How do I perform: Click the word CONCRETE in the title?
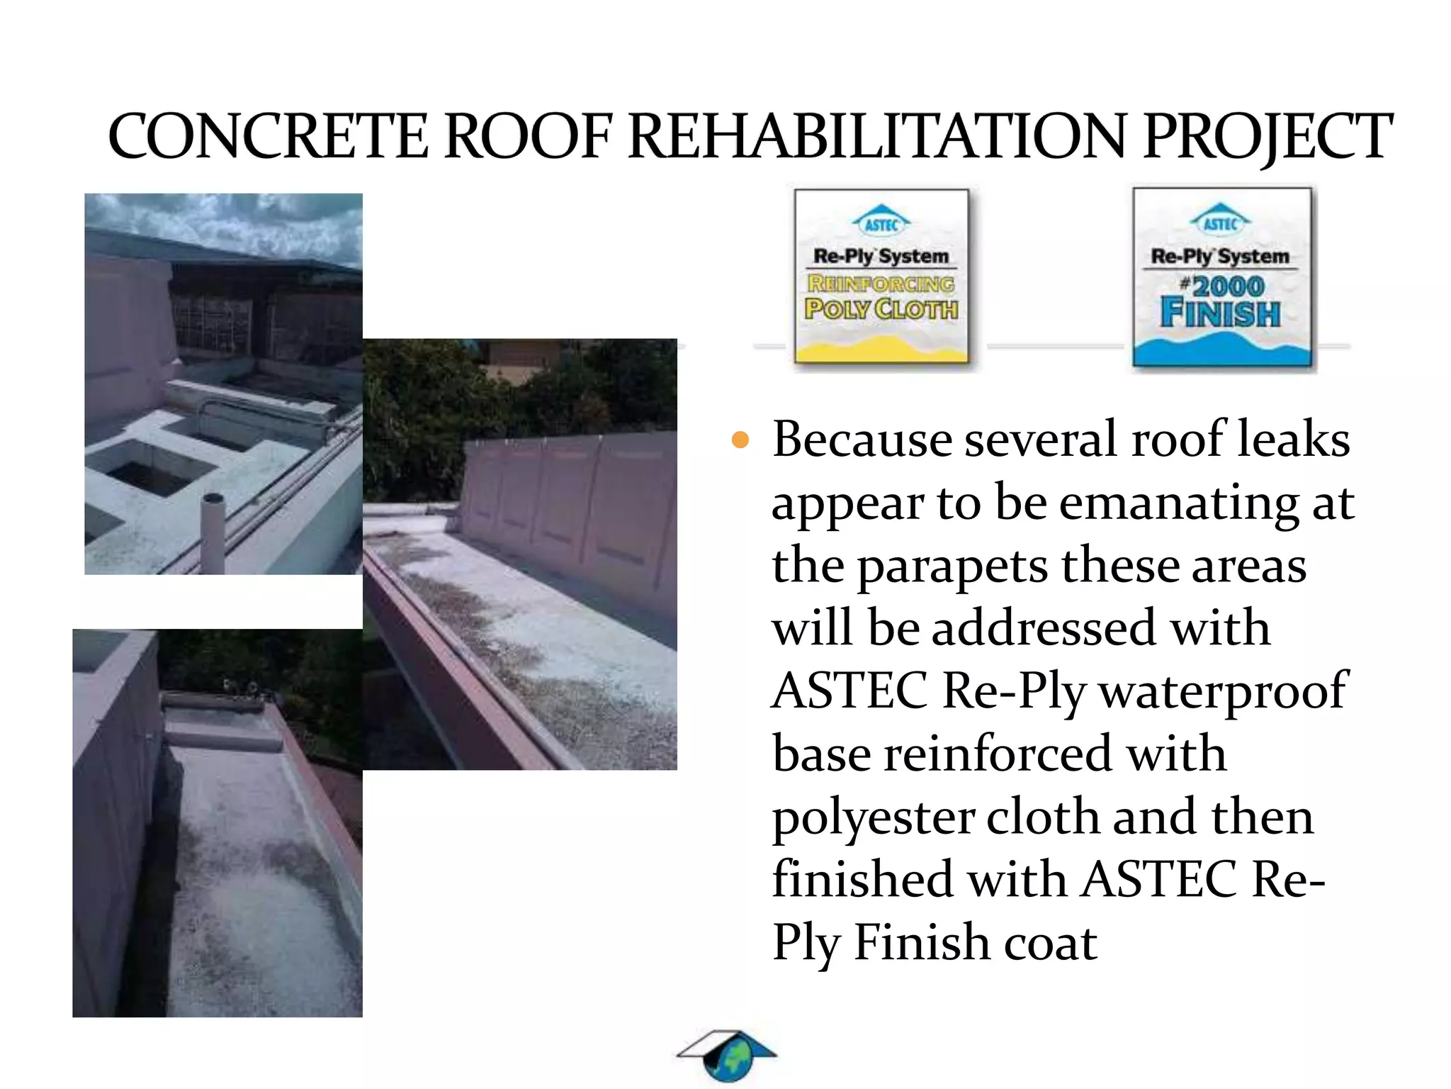[268, 136]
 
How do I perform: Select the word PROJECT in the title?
[1267, 136]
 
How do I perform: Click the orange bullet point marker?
[740, 440]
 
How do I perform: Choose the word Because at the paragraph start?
[862, 440]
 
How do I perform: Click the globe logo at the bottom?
[728, 1056]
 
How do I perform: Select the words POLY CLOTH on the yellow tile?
[881, 309]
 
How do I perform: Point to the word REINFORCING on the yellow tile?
[881, 284]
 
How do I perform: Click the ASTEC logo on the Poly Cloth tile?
[881, 223]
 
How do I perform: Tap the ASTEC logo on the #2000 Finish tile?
[1220, 221]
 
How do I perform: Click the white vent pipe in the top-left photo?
[213, 532]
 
